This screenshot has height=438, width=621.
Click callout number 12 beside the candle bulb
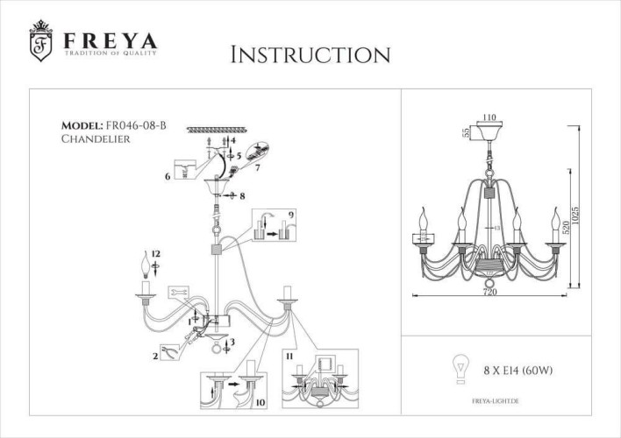point(155,254)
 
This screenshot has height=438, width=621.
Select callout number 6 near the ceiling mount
point(166,176)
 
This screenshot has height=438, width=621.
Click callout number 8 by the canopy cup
point(242,197)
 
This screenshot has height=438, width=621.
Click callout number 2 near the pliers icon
point(155,356)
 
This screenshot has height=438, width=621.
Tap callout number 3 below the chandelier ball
point(231,342)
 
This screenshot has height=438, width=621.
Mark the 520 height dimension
point(566,230)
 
